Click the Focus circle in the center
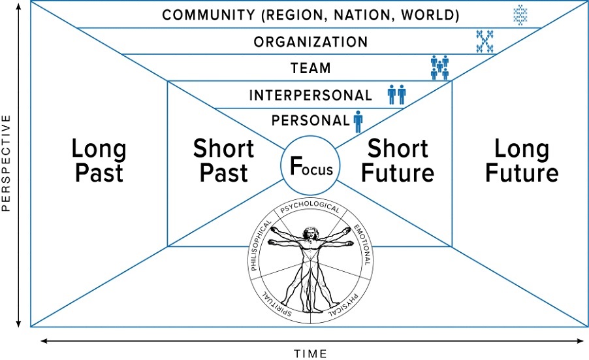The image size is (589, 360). coord(311,167)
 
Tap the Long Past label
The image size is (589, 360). coord(99,161)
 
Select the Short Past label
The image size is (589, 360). coord(223,161)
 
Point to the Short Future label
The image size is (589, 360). coord(398,161)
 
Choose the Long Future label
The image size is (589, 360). coord(522,161)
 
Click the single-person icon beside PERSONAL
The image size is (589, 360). coord(358,121)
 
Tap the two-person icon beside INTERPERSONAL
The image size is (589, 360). coord(396,95)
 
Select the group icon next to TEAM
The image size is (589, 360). coord(439,68)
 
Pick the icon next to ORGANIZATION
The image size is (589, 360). coord(484,41)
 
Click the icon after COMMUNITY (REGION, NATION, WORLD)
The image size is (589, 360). coord(520,14)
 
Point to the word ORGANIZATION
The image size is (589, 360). coord(311,42)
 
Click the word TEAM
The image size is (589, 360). coord(311,69)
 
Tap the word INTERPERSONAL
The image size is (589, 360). coord(310,95)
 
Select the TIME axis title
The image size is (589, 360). coord(311,353)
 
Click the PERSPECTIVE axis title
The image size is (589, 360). coord(7,163)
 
